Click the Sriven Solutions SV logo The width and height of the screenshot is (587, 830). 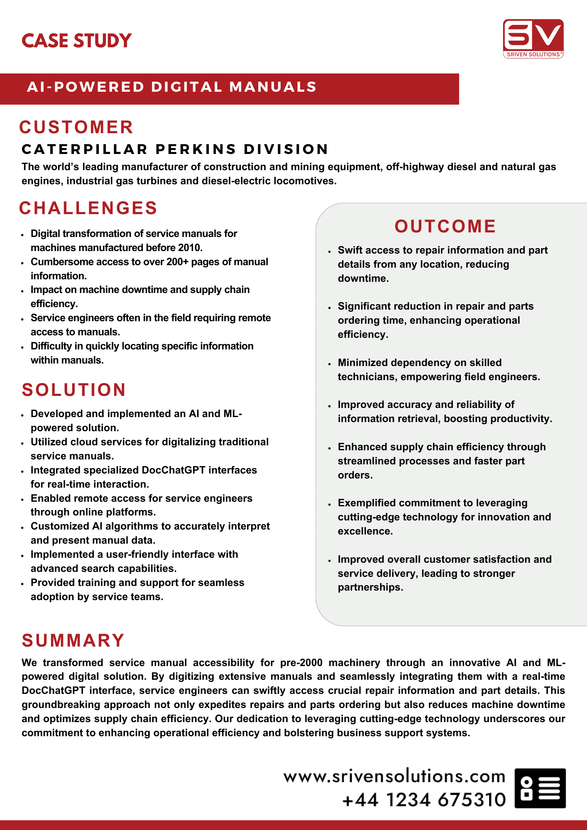(533, 38)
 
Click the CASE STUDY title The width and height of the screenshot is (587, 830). (77, 41)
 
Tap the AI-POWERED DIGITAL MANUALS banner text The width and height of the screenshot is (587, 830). (172, 87)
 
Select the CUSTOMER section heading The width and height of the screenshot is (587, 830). (76, 127)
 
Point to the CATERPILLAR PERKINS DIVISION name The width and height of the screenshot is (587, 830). (175, 149)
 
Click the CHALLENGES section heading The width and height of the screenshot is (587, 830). (88, 208)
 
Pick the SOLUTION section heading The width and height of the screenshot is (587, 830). (74, 390)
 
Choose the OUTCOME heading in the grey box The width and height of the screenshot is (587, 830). (445, 227)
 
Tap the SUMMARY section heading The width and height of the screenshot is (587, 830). (73, 641)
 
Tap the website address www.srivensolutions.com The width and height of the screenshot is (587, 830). (394, 776)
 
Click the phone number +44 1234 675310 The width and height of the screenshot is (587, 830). (424, 800)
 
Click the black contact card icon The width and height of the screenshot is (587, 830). (540, 788)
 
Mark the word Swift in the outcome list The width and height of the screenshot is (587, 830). (351, 250)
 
